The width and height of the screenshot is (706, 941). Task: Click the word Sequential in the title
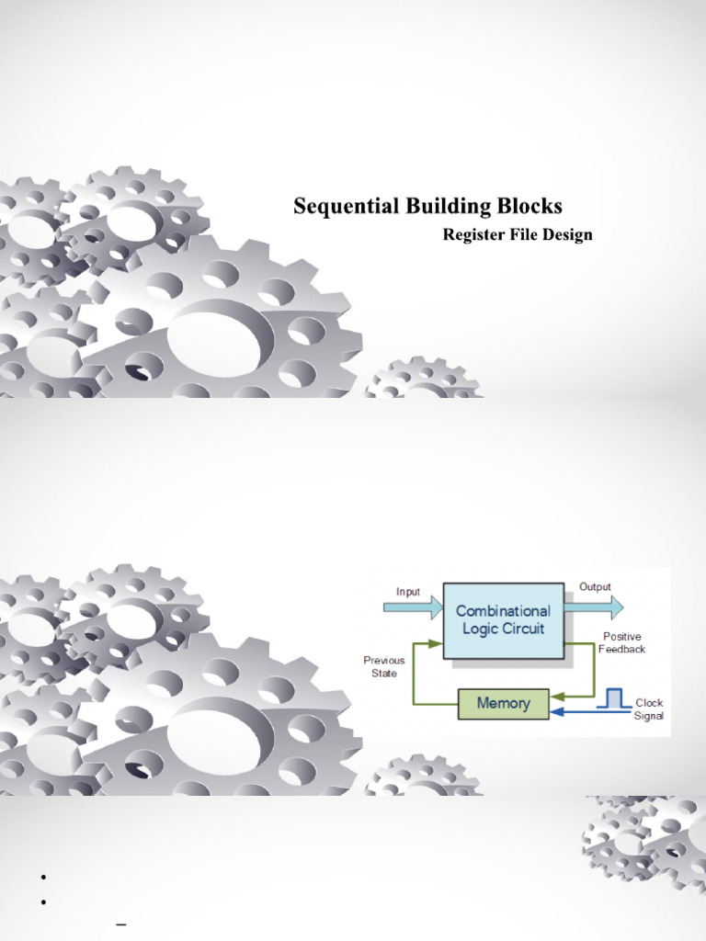346,207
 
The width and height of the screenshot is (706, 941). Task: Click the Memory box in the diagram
503,703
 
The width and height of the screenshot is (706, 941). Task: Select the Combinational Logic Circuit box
503,620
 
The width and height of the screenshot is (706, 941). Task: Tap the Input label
408,593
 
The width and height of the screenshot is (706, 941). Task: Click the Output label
595,587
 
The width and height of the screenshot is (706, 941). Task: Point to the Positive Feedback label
622,642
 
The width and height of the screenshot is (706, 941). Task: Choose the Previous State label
384,667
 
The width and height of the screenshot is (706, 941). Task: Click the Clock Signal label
649,709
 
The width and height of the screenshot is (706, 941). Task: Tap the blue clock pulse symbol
613,699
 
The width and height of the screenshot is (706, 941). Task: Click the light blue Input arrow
413,608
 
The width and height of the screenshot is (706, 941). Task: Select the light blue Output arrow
594,608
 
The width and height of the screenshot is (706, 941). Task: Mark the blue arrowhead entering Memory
556,712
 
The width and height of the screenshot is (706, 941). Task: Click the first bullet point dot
44,878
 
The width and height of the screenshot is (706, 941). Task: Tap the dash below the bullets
121,924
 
